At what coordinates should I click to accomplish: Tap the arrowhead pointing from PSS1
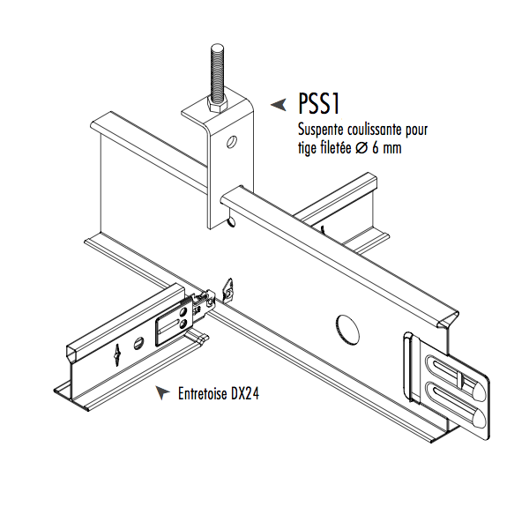(278, 105)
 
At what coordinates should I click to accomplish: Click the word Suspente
(321, 130)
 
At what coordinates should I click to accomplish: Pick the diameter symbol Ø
(362, 148)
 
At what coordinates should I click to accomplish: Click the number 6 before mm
(376, 148)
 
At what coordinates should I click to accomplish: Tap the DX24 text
(248, 394)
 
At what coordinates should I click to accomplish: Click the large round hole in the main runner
(348, 328)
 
